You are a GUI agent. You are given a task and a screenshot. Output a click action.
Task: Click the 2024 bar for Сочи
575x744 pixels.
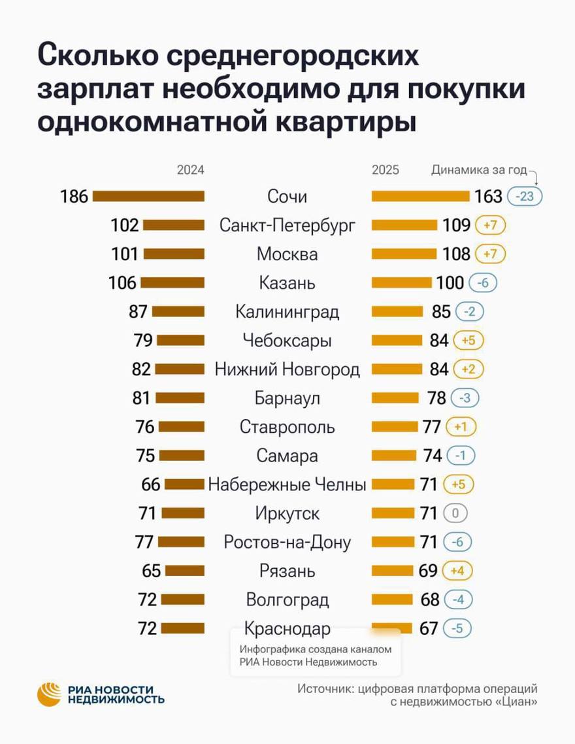point(148,196)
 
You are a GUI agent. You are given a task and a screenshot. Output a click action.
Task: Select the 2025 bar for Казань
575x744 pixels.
point(402,282)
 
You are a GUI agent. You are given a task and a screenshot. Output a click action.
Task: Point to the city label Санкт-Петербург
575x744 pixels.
point(287,226)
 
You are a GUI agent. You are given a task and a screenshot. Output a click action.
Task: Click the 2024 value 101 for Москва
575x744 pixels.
point(125,254)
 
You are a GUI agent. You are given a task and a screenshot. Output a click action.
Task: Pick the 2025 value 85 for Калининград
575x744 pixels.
point(441,311)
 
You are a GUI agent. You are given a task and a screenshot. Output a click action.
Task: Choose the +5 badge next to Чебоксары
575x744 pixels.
point(468,340)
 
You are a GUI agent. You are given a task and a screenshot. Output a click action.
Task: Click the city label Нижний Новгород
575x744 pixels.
point(287,369)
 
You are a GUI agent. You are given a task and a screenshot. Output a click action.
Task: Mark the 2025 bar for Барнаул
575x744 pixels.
point(395,397)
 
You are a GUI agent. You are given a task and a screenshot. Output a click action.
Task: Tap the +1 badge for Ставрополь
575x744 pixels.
point(461,427)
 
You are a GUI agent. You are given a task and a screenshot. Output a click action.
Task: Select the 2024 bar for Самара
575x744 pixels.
point(182,456)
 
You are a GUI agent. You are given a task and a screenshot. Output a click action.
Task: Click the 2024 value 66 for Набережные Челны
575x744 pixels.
point(151,484)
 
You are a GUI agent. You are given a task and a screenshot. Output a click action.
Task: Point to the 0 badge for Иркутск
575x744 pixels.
point(455,513)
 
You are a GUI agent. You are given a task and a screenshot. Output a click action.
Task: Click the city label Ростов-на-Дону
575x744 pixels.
point(287,542)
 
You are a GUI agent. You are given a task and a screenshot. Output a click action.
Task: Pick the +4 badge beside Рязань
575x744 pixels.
point(457,571)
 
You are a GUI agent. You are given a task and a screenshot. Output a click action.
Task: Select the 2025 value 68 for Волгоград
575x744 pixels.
point(430,600)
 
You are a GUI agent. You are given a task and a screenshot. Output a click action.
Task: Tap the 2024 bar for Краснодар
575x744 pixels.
point(182,628)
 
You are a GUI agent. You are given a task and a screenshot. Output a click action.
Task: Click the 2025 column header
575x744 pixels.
point(386,170)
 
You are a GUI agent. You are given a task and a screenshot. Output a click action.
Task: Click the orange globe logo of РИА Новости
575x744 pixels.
point(50,694)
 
